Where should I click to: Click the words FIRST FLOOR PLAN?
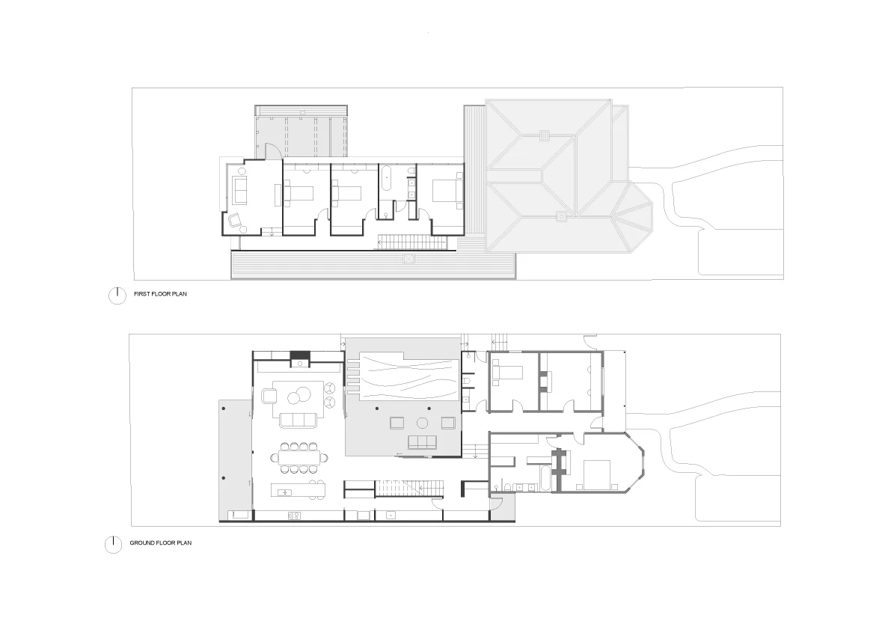(x=160, y=295)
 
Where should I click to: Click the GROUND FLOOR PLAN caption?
(x=160, y=543)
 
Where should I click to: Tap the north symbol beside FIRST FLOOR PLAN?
(x=117, y=296)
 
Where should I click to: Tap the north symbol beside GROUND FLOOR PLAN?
(x=113, y=544)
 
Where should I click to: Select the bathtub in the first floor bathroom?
(x=386, y=180)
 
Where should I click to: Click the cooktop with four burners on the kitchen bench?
(x=294, y=515)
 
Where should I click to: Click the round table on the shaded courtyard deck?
(x=422, y=423)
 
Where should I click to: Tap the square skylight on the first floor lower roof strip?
(x=408, y=259)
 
